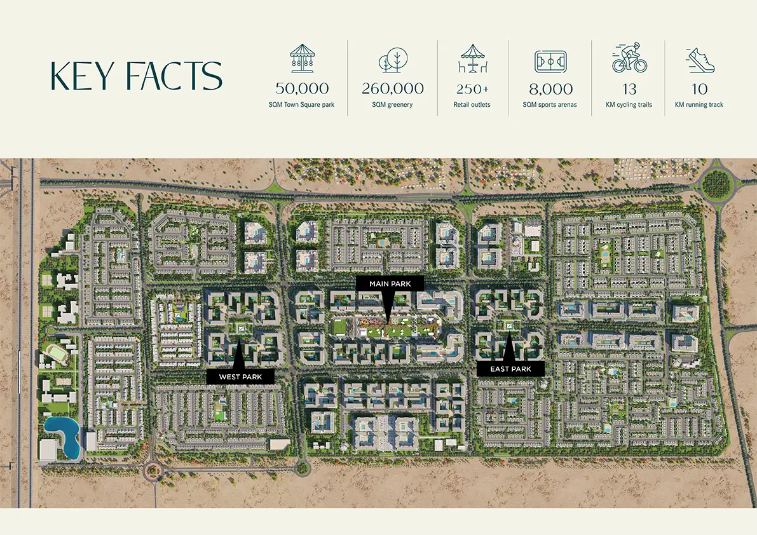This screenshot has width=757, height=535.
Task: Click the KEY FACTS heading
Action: coord(136,76)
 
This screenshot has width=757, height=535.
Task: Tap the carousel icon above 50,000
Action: coord(301,58)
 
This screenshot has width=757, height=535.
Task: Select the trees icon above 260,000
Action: coord(392,60)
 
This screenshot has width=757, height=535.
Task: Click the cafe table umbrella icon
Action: coord(472,58)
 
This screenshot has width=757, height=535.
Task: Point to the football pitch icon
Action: coord(550,61)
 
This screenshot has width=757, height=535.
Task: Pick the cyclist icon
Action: coord(629,58)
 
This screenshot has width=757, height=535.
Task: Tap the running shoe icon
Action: coord(700,60)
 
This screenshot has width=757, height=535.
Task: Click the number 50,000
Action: coord(302,88)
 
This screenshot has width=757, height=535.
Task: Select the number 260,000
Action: coord(393,88)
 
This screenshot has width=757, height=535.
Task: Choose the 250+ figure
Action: coord(472,89)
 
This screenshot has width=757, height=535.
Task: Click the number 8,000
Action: coord(550,89)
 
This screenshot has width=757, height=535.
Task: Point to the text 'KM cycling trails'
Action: coord(629,105)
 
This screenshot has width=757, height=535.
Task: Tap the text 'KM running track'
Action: coord(699,105)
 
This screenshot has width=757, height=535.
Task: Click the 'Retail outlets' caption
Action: coord(472,105)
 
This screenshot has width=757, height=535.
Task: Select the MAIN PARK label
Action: coord(390,283)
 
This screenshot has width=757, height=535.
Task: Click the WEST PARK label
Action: coord(240,377)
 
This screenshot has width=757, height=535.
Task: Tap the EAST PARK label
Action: coord(511,369)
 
